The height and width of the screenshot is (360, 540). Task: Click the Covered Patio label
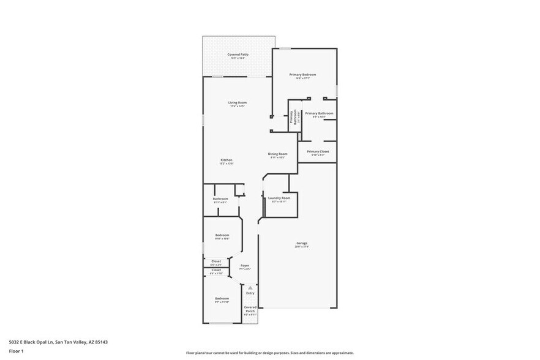(x=238, y=55)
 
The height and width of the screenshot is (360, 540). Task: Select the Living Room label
(x=238, y=103)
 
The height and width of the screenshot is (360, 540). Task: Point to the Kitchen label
(x=227, y=160)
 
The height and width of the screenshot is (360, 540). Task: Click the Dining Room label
(x=278, y=154)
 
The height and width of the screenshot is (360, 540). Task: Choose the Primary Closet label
(x=318, y=152)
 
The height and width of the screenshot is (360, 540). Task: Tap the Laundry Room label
(x=279, y=198)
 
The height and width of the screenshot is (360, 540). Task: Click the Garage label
(x=302, y=244)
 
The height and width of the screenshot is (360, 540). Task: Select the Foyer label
(x=244, y=266)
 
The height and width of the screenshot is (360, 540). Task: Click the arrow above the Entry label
(x=249, y=287)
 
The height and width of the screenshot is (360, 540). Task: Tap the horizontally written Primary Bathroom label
(x=319, y=114)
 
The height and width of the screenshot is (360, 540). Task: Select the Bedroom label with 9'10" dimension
(x=222, y=236)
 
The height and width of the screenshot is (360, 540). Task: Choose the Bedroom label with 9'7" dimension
(x=222, y=299)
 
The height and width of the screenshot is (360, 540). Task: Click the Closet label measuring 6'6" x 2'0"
(x=216, y=261)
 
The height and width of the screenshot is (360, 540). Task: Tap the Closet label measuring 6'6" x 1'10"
(x=216, y=270)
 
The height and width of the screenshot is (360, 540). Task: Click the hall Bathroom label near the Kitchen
(x=220, y=200)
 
